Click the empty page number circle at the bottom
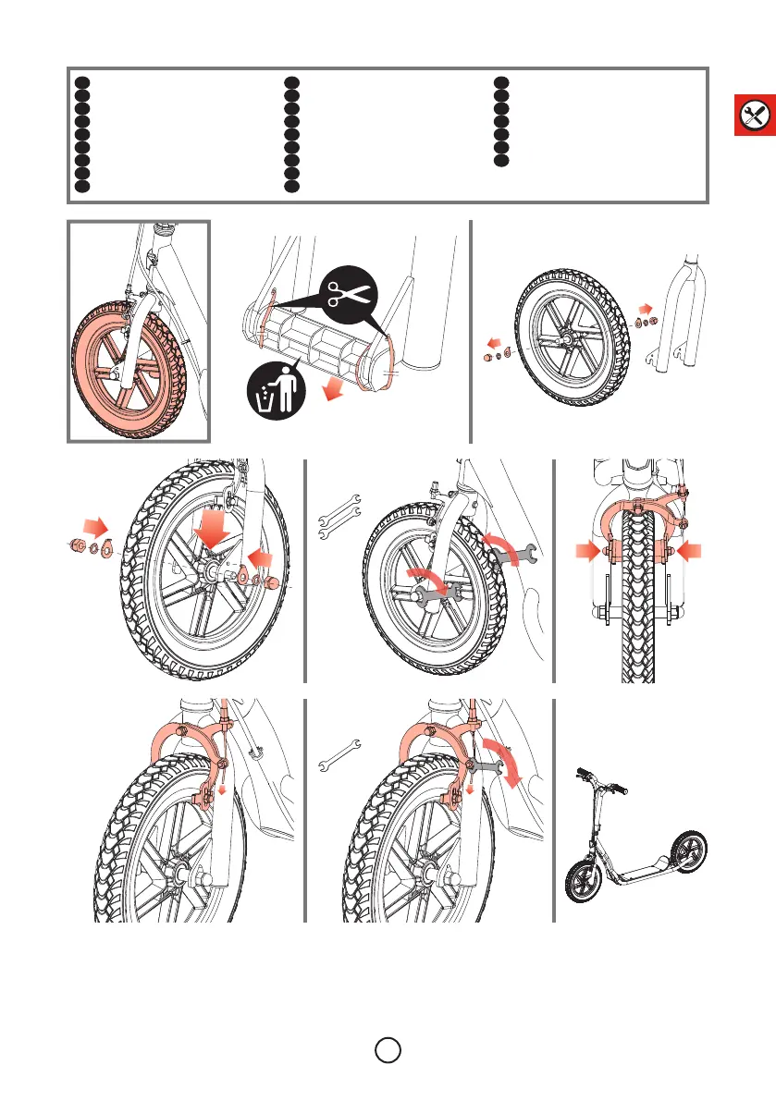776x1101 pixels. (388, 1050)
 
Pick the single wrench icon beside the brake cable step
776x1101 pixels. (339, 754)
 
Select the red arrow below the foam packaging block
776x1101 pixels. (326, 395)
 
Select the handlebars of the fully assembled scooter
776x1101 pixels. (601, 782)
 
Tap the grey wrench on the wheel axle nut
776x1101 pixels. (430, 592)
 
